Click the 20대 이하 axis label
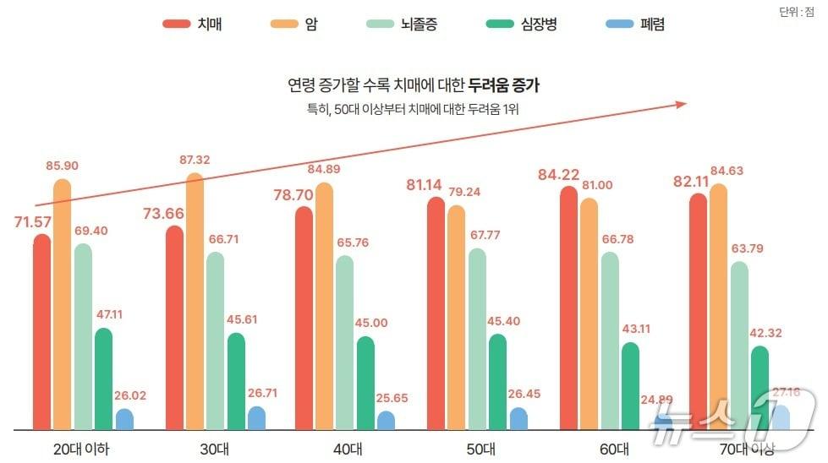click(x=81, y=448)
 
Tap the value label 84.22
click(x=558, y=175)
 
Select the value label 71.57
click(x=35, y=222)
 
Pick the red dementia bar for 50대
click(x=436, y=313)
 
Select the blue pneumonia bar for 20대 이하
click(x=124, y=419)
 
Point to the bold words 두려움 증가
click(x=504, y=84)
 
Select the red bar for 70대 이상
click(x=699, y=312)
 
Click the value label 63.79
click(x=767, y=248)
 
